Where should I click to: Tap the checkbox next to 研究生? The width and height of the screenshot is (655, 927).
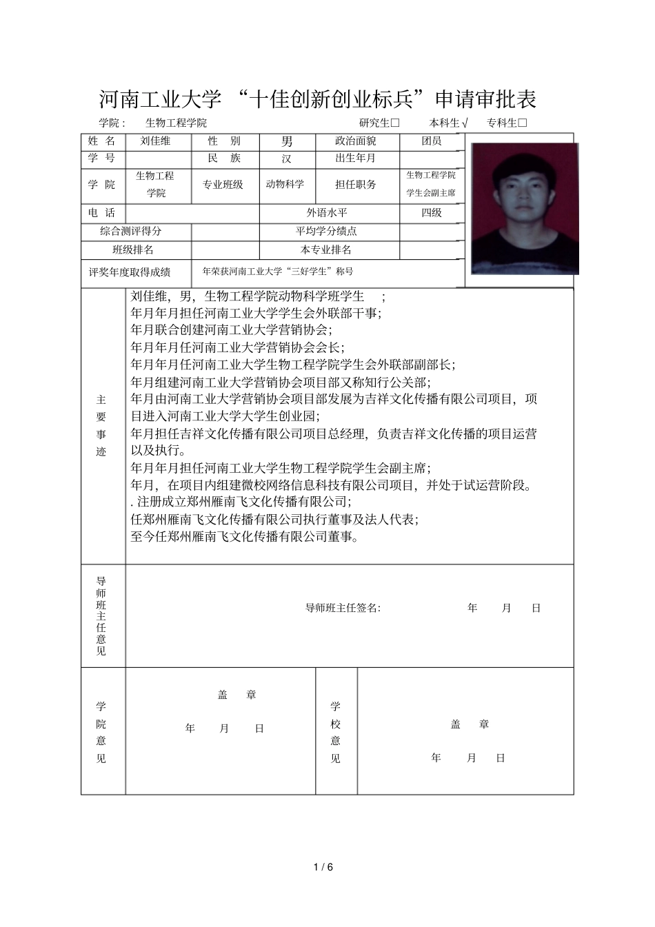pos(395,123)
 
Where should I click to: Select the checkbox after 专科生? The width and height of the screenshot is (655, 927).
pos(522,123)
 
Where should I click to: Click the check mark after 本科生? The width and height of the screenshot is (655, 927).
pos(465,123)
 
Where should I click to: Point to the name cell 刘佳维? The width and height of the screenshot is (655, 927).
pos(155,141)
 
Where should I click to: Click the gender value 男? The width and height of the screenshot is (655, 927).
pos(287,142)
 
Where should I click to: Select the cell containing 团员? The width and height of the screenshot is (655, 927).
pos(432,141)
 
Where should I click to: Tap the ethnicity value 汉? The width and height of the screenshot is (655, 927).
pos(287,159)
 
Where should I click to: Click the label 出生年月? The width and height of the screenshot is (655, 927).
pos(356,158)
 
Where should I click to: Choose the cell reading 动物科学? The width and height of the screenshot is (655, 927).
pos(285,185)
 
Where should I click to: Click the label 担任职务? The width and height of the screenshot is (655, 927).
pos(356,185)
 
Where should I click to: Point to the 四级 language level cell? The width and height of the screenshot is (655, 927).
pos(432,213)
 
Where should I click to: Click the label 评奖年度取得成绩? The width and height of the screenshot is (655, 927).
pos(130,272)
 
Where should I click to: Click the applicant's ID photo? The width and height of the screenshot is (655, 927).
pos(524,209)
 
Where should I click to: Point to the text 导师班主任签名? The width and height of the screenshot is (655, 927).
pos(342,608)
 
